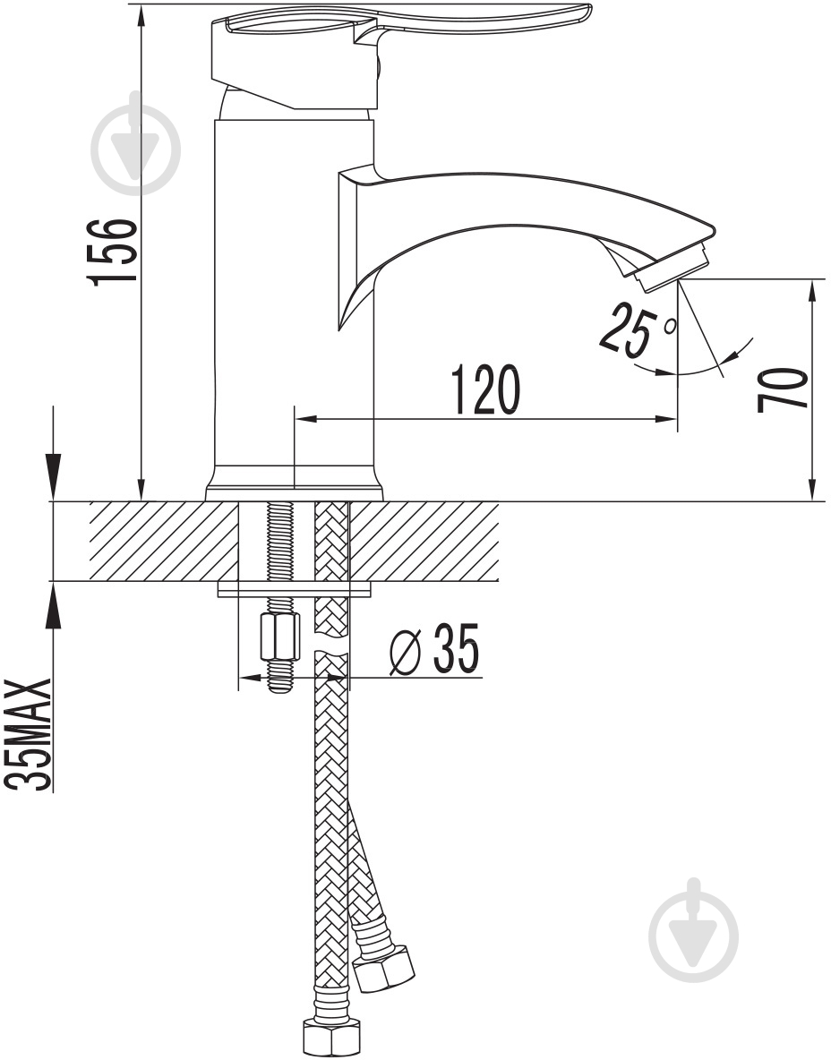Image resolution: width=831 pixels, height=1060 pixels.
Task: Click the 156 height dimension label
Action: click(x=114, y=252)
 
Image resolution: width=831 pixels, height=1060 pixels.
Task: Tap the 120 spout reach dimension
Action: click(x=486, y=389)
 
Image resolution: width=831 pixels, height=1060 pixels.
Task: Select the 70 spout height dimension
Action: click(x=782, y=389)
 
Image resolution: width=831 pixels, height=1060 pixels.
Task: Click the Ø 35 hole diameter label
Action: click(x=435, y=649)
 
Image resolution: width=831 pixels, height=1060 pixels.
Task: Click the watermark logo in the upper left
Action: click(x=136, y=150)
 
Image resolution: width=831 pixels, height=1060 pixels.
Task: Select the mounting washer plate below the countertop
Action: click(x=294, y=589)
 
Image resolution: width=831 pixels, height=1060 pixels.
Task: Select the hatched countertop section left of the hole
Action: click(x=164, y=541)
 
